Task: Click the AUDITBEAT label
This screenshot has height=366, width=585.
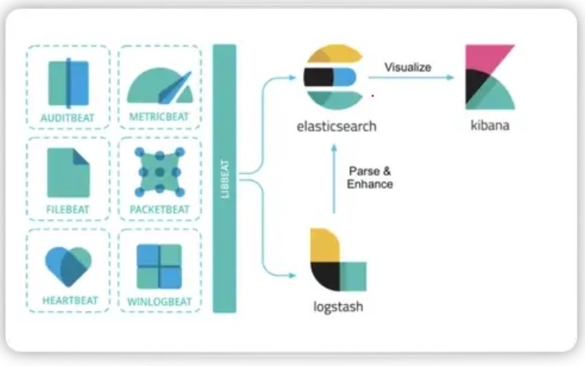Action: (67, 118)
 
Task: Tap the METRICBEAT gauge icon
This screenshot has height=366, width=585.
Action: (160, 86)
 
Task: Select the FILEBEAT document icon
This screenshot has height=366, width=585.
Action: (68, 173)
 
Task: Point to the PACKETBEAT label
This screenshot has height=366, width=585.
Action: (160, 210)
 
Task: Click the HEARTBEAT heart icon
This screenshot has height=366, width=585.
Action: (68, 267)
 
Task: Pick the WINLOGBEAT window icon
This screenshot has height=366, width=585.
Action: (160, 267)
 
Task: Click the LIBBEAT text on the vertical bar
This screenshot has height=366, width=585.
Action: (225, 179)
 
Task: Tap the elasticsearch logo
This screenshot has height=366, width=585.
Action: (334, 77)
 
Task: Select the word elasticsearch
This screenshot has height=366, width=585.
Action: (337, 126)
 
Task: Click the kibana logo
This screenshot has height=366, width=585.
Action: (490, 77)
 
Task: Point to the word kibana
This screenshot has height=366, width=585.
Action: (490, 125)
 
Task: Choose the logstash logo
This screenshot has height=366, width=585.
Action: (338, 260)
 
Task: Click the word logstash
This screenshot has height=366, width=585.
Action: (338, 307)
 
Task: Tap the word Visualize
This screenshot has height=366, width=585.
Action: (408, 67)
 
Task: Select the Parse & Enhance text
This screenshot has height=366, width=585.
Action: (370, 178)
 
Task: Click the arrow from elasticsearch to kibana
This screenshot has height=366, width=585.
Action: (411, 78)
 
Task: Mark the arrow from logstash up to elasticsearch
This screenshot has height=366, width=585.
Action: (334, 179)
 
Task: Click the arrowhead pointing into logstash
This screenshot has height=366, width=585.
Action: (292, 275)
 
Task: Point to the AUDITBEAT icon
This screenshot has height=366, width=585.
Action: (68, 83)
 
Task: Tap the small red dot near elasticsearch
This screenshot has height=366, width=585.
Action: (372, 96)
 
